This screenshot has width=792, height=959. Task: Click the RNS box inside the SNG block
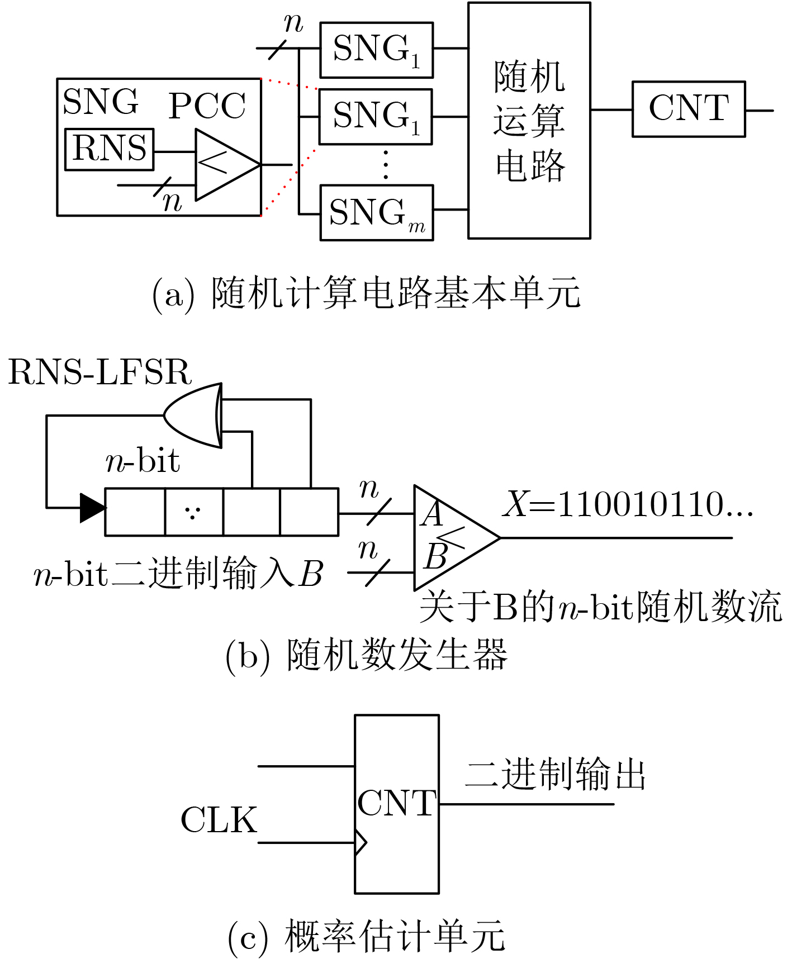point(109,149)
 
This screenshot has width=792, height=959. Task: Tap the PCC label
point(207,106)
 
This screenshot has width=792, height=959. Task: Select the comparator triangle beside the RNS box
point(224,165)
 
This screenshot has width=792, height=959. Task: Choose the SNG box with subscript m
point(376,213)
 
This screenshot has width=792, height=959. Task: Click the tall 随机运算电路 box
point(529,121)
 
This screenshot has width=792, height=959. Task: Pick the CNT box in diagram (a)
point(688,109)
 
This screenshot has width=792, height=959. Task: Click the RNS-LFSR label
point(100,373)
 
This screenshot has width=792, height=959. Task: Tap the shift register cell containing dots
point(193,512)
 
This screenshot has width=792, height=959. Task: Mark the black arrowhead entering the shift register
point(92,508)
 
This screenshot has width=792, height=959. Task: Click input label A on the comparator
point(432,514)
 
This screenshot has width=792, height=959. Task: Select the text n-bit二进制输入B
point(178,574)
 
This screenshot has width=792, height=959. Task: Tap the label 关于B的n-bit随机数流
point(600,607)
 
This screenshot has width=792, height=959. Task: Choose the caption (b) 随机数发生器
point(367,655)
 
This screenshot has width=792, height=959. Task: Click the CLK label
point(219,820)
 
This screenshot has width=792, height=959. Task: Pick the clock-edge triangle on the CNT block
point(361,842)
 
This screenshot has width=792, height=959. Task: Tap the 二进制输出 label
point(555,775)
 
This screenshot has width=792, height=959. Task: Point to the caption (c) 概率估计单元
point(367,937)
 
